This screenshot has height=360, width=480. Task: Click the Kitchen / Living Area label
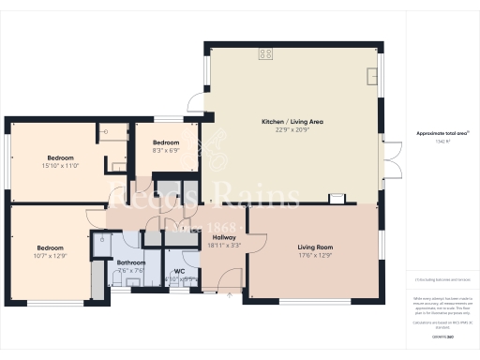click(x=292, y=121)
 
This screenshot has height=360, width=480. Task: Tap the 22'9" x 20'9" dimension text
click(x=292, y=129)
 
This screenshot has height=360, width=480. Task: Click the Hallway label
click(x=224, y=237)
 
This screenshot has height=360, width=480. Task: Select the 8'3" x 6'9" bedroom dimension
click(x=166, y=150)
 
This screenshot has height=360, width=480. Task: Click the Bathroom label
click(x=130, y=262)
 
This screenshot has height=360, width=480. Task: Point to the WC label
click(x=178, y=270)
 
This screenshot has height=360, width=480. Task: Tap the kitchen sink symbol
click(x=371, y=72)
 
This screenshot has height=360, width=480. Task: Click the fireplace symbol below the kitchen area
click(x=336, y=199)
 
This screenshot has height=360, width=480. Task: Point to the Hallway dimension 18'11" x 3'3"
click(x=224, y=246)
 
